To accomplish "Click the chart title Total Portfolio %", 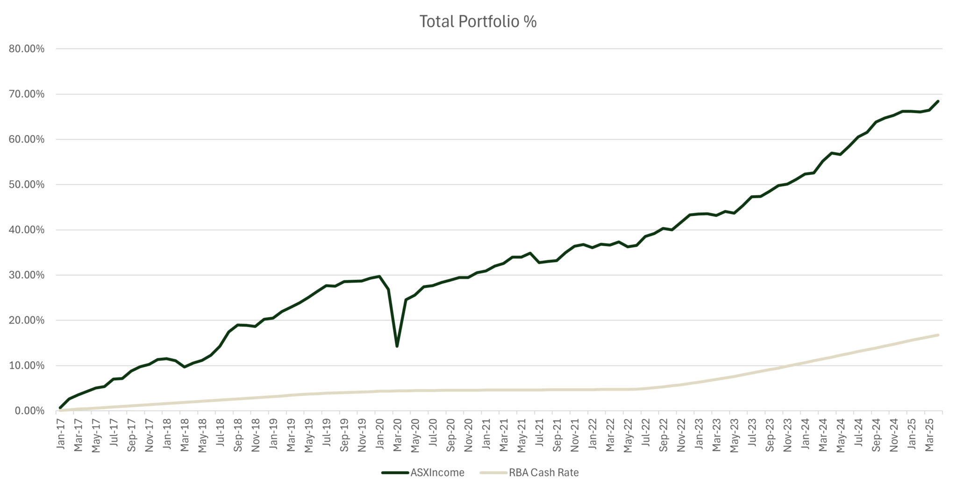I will (478, 21).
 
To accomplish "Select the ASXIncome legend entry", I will (437, 472).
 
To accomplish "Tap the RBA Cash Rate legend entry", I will (543, 472).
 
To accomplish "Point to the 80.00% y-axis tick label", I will (27, 49).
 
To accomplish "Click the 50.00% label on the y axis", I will (27, 185).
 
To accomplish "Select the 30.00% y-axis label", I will (27, 275).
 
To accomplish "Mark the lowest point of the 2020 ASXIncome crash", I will (397, 346).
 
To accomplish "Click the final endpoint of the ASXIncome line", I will (938, 101).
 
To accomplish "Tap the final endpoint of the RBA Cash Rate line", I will (938, 335).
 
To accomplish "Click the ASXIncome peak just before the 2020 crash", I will (379, 276).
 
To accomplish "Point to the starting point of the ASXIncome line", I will (60, 408).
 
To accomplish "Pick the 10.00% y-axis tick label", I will (27, 365).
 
